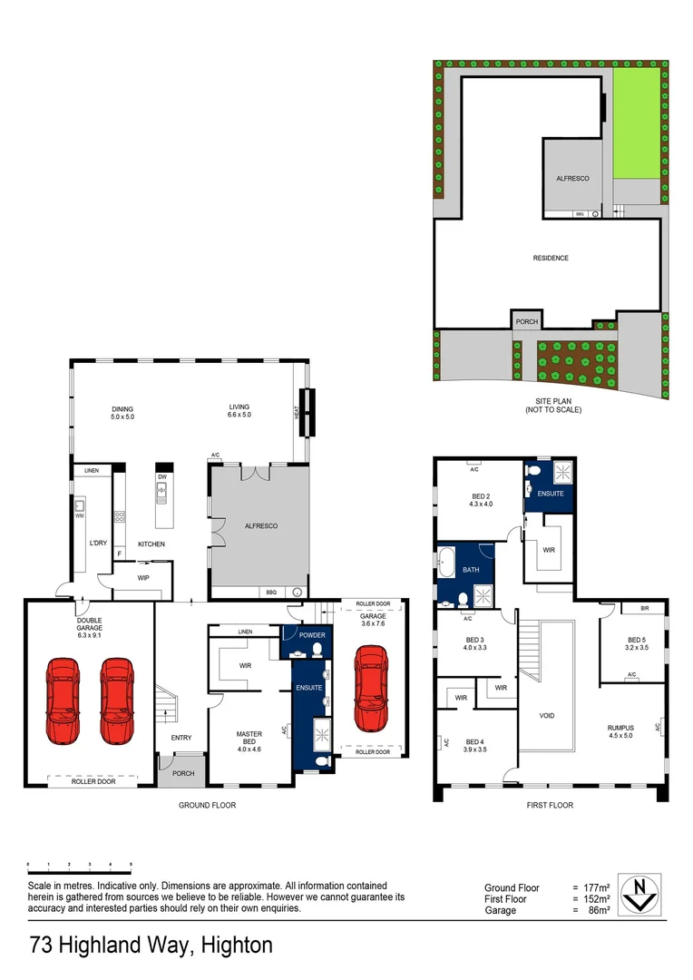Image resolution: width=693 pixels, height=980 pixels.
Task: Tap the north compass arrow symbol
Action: [645, 893]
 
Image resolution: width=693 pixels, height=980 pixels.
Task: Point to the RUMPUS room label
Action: [620, 728]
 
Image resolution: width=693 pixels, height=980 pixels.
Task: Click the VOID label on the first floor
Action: [547, 716]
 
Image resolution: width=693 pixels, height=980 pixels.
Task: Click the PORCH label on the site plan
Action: [526, 322]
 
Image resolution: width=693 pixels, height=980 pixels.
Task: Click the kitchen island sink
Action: [162, 493]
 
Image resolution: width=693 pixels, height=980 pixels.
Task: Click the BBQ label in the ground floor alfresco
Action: [270, 593]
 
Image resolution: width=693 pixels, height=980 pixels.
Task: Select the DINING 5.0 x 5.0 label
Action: [122, 412]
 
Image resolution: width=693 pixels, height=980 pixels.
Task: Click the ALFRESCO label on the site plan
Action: [572, 179]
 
